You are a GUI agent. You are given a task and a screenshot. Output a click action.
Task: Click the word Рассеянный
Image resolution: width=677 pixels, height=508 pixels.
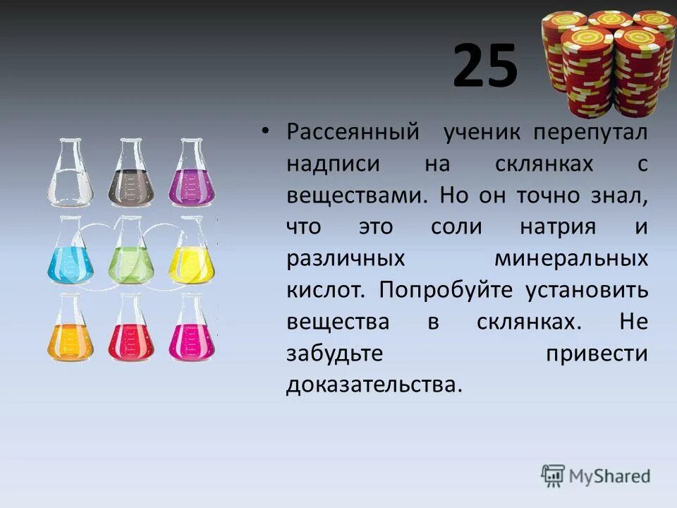click(x=353, y=132)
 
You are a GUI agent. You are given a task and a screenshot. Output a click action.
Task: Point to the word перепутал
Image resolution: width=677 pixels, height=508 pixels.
click(x=591, y=132)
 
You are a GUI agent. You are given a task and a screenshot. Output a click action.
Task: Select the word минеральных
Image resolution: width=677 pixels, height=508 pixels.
click(x=571, y=258)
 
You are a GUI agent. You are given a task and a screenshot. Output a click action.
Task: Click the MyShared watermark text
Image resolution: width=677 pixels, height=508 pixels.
click(x=611, y=476)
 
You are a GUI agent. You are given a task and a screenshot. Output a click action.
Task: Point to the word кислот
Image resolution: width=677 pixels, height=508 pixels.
click(x=326, y=290)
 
